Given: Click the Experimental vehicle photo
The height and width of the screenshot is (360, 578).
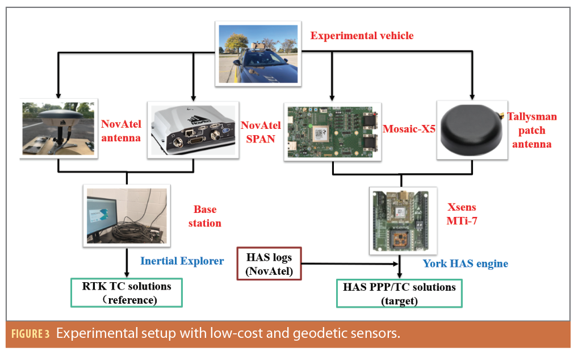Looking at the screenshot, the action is tap(258, 54).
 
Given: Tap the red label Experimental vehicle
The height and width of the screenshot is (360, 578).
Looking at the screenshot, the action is tap(362, 36).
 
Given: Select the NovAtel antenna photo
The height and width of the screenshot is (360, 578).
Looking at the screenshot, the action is tap(58, 128).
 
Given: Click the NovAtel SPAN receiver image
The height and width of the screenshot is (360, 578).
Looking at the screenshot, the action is tap(193, 130).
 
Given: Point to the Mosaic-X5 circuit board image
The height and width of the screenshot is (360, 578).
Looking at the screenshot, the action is tap(333, 132).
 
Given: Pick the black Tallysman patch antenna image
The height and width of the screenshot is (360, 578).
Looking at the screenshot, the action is tap(472, 130).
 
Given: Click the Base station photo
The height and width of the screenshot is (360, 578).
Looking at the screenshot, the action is tap(127, 216).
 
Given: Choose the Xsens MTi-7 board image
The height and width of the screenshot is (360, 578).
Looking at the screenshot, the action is tap(403, 220).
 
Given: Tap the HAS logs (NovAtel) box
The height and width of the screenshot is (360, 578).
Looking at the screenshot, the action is tap(269, 264).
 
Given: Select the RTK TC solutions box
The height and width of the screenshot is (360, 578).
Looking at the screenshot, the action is tap(127, 292).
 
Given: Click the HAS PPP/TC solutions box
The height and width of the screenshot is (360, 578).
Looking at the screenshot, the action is tap(399, 294).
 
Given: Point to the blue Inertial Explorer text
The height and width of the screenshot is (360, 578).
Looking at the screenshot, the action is tap(182, 261).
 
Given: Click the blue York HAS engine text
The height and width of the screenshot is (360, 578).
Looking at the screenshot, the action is tap(465, 263).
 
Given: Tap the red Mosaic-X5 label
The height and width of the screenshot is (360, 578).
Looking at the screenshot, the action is tap(409, 128).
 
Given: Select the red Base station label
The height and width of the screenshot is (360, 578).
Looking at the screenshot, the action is tap(205, 216).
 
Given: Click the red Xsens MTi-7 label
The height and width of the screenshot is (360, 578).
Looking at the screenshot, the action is tap(462, 214).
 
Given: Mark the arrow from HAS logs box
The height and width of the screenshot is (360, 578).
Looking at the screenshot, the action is tap(350, 264).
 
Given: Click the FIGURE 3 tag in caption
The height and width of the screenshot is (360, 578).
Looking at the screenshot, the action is tap(30, 334).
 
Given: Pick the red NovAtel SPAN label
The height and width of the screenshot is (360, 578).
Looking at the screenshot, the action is tap(261, 132).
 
